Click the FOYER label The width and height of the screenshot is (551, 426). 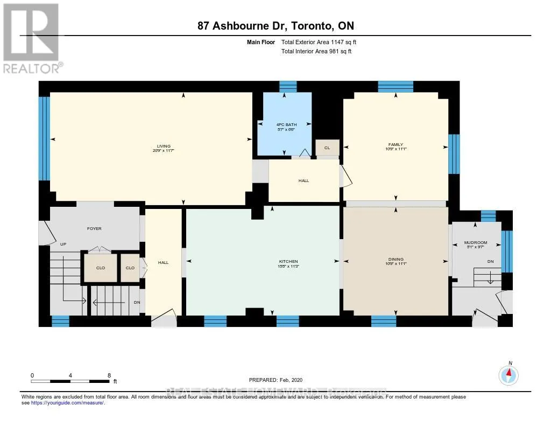tap(94, 228)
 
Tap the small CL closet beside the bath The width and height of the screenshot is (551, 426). tap(327, 147)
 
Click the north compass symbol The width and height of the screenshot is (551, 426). tap(508, 374)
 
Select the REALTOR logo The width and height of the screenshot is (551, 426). tap(32, 38)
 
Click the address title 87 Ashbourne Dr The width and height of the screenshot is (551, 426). tap(275, 26)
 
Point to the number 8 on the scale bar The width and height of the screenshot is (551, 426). tap(109, 375)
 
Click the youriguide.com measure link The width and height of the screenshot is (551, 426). tap(68, 402)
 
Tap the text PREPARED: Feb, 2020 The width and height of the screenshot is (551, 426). tap(279, 380)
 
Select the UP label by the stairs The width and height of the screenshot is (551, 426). tap(63, 244)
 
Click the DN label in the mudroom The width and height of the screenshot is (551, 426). tap(490, 261)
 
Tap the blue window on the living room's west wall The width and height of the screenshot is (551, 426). tap(44, 138)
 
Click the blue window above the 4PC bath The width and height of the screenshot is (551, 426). tap(288, 86)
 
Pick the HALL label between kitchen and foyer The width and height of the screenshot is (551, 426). tap(163, 262)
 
